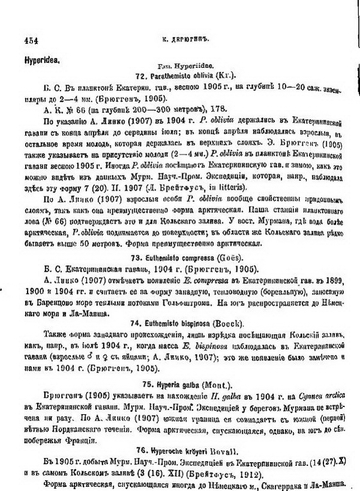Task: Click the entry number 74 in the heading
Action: click(x=136, y=322)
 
